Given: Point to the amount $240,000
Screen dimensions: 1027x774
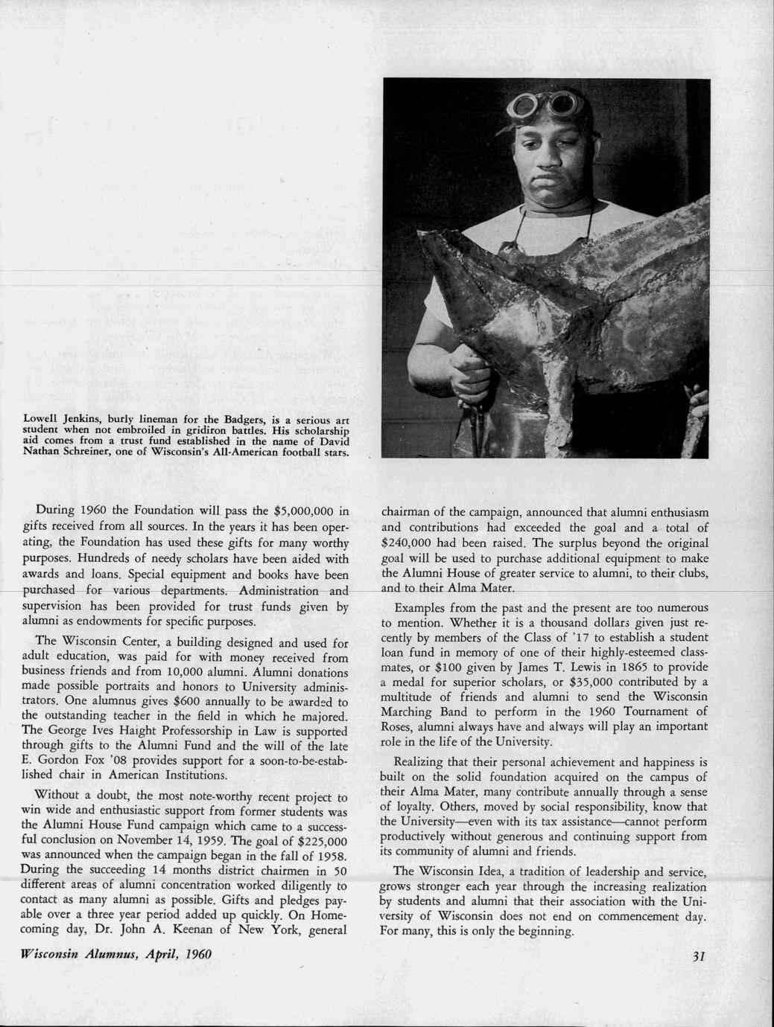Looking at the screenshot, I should coord(409,543).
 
